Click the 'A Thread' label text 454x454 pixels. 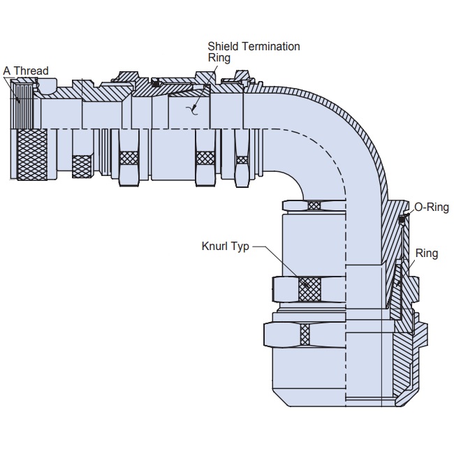click(x=26, y=71)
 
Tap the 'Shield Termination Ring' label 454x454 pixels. click(x=254, y=52)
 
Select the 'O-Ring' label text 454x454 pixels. click(x=431, y=207)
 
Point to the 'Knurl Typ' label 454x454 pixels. click(x=224, y=247)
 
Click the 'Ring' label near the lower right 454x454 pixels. click(x=427, y=253)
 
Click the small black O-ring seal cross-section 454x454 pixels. click(x=402, y=220)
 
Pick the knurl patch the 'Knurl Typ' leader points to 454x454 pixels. click(x=309, y=288)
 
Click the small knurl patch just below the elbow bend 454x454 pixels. click(x=314, y=205)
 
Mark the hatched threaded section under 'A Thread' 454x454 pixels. click(x=26, y=105)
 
